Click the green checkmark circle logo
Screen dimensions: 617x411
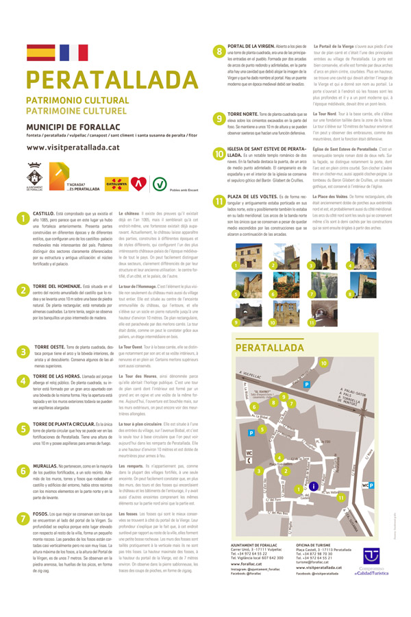coord(159,183)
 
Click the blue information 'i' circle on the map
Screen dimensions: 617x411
coord(312,485)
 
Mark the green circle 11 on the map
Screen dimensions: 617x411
coord(340,498)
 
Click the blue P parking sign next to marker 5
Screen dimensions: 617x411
coord(251,433)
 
